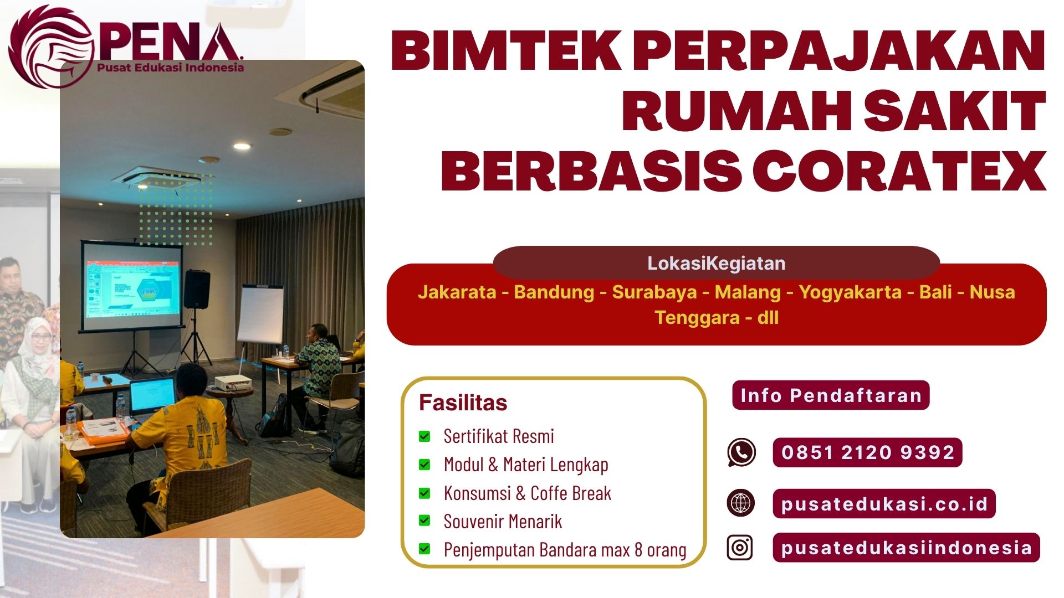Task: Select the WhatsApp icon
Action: tap(741, 452)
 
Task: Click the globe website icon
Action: tap(741, 503)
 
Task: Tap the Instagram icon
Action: tap(740, 547)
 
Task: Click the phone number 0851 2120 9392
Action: tap(867, 452)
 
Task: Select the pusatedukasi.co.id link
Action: tap(884, 503)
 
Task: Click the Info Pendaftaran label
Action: tap(831, 395)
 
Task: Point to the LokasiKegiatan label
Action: tap(716, 263)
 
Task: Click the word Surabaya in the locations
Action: tap(654, 292)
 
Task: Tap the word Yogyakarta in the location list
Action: tap(850, 292)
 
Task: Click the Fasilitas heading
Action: tap(463, 403)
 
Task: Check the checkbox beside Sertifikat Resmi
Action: tap(424, 436)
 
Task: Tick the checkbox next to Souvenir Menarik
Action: tap(424, 520)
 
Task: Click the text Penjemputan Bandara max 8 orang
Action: tap(565, 549)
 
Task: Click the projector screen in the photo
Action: tap(131, 287)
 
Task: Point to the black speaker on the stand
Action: tap(197, 289)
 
